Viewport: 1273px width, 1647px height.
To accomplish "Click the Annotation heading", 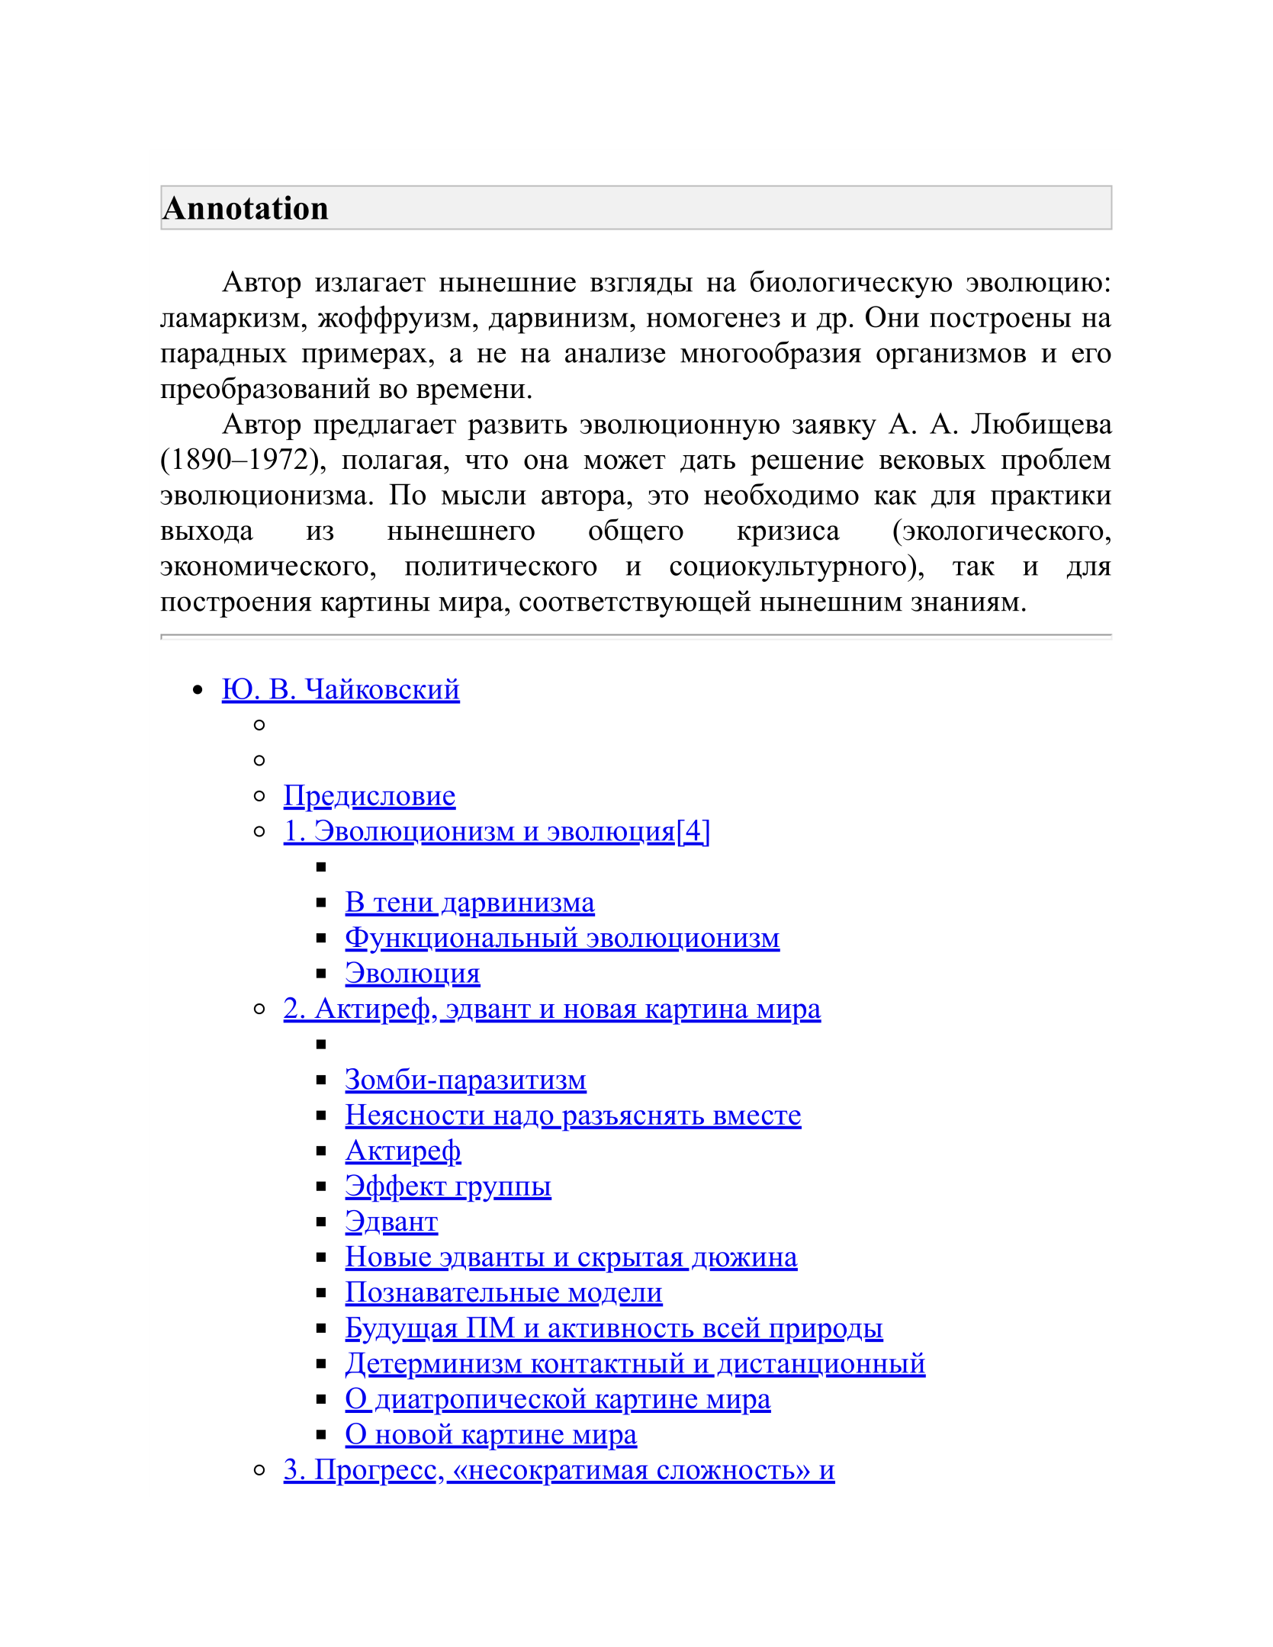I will pos(246,208).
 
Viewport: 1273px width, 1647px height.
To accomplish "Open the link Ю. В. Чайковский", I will pos(340,689).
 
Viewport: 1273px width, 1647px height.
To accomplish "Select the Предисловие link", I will pos(369,796).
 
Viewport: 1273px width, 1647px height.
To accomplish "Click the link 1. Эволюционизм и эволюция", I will pos(479,831).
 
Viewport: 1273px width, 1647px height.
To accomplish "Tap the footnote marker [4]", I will pos(693,831).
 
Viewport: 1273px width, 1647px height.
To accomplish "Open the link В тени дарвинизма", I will pos(469,903).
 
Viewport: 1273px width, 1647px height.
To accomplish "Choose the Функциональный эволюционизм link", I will pos(562,938).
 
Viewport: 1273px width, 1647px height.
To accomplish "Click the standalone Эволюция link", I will pos(412,974).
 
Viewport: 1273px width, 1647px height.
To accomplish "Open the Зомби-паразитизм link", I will pos(465,1080).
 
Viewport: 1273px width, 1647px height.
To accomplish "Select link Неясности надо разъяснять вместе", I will pos(573,1116).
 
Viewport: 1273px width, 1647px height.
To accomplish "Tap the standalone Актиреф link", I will pos(403,1151).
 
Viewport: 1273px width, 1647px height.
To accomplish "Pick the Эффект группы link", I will pos(448,1186).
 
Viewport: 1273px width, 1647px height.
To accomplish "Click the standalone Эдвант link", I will pos(391,1222).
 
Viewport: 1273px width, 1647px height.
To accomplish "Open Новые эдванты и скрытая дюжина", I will pos(571,1257).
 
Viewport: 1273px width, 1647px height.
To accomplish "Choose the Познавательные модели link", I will pos(503,1292).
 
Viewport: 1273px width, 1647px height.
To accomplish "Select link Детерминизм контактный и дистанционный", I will pos(635,1363).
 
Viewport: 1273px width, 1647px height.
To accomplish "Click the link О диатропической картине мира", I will pos(558,1399).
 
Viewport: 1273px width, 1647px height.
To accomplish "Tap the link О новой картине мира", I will pos(490,1434).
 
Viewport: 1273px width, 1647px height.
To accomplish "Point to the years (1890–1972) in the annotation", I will pos(239,460).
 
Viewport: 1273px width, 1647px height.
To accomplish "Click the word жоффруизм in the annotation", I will pos(397,318).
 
